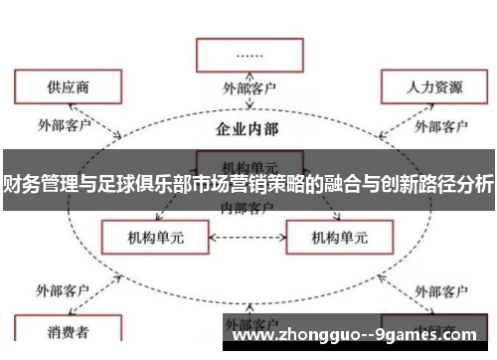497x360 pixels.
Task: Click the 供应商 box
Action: coord(67,87)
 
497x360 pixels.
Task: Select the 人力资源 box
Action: coord(433,87)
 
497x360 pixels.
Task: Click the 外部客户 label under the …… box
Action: coord(249,89)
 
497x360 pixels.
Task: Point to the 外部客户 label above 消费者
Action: coord(65,291)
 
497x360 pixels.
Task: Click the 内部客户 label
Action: coord(248,208)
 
